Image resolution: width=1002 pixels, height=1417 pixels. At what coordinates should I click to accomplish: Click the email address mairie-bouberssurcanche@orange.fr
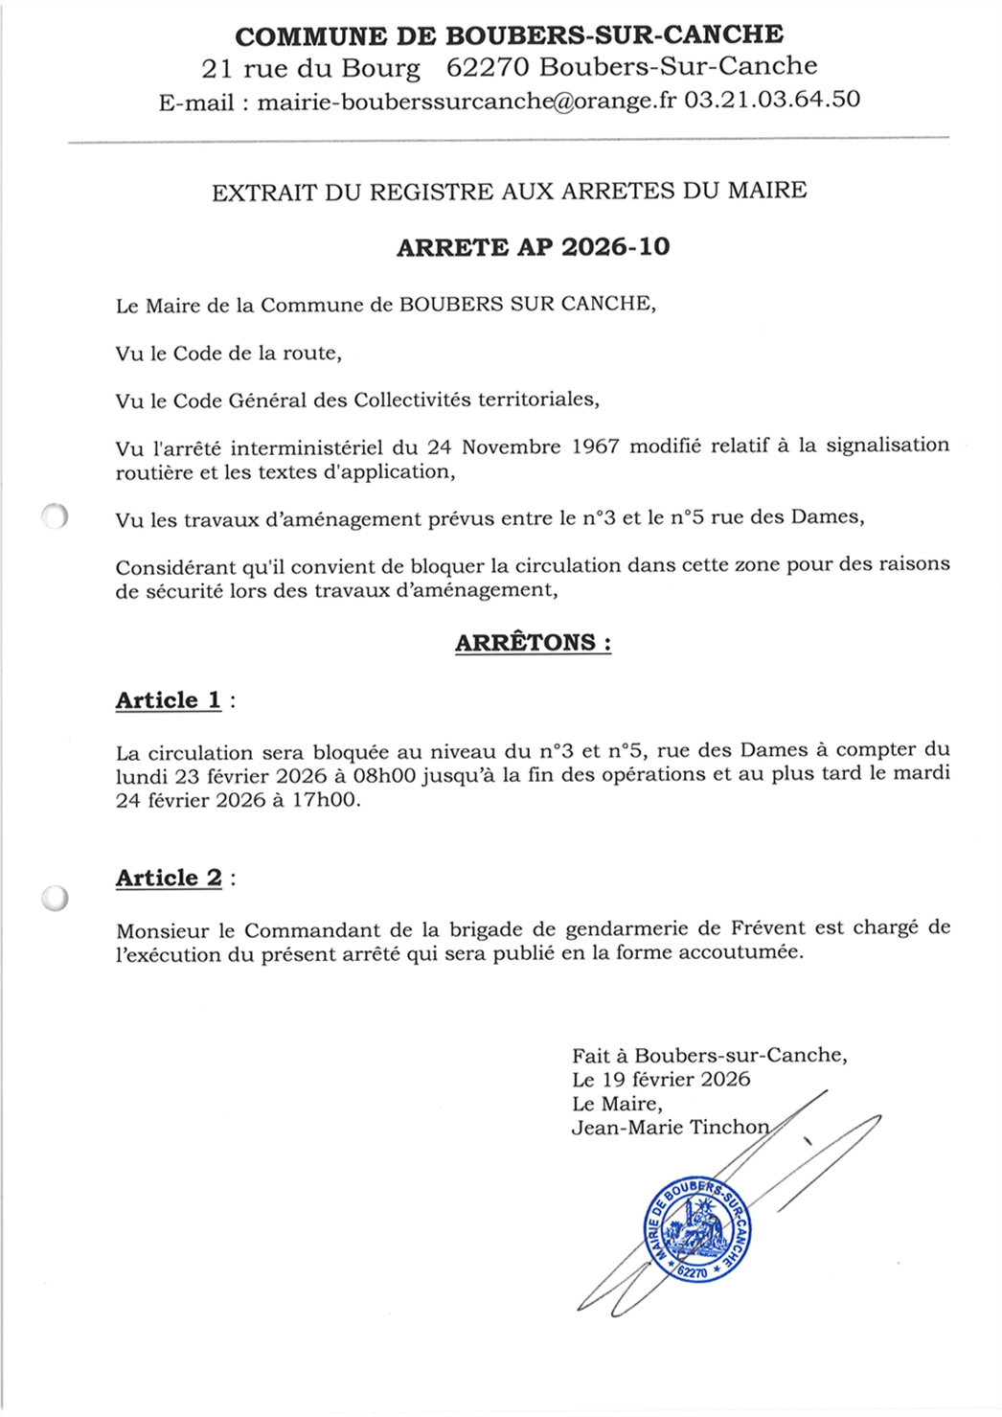click(x=467, y=100)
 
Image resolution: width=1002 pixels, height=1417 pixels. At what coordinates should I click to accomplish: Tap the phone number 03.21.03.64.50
click(x=771, y=99)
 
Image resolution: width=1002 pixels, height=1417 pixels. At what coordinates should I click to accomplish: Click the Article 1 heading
click(x=169, y=700)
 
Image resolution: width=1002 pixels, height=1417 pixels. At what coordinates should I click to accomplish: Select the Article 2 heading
click(x=170, y=878)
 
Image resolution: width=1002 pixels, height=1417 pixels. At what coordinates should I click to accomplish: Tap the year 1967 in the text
click(x=594, y=446)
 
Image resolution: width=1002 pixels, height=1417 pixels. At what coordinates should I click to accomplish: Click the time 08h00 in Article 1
click(x=385, y=774)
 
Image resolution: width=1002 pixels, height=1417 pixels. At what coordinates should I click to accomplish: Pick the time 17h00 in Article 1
click(x=326, y=800)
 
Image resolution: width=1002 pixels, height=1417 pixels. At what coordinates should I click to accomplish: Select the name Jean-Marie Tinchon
click(x=670, y=1128)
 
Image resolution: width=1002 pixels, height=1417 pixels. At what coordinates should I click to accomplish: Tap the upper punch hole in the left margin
click(x=56, y=516)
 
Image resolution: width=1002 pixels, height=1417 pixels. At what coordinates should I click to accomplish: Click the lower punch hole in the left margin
click(x=56, y=898)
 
